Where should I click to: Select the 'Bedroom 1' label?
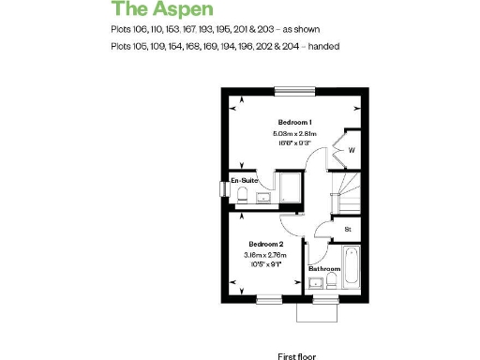(294, 123)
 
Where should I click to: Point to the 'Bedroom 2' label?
(264, 245)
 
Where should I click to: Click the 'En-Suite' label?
(245, 179)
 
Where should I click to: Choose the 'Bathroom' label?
(324, 269)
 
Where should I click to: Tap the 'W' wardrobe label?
(352, 149)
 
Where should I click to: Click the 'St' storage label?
(347, 229)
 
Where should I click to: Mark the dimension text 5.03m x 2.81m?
(294, 134)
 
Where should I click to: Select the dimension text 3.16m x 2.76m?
(265, 255)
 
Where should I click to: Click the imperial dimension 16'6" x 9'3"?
(294, 143)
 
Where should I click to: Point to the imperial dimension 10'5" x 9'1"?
(264, 264)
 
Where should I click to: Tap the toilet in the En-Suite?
(241, 195)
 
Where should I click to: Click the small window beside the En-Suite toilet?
(223, 188)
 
